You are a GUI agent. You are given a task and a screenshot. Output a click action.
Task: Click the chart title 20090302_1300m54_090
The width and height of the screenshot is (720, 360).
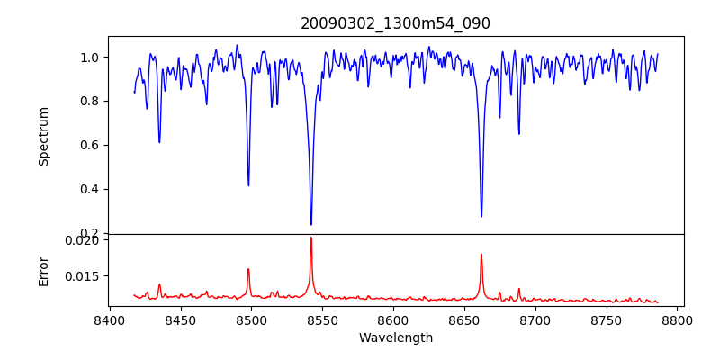click(396, 23)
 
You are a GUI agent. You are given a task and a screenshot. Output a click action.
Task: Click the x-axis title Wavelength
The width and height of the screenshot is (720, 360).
click(396, 338)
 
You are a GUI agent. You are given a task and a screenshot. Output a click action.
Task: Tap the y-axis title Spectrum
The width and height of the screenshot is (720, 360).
click(43, 136)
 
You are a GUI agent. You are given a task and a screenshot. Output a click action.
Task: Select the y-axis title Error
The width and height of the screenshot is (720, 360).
click(43, 270)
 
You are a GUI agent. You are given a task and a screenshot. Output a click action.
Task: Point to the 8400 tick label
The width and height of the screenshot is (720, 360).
click(109, 320)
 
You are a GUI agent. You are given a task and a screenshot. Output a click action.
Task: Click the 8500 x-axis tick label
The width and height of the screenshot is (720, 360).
click(251, 320)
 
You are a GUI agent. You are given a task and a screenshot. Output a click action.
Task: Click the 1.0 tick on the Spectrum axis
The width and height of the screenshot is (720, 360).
click(90, 58)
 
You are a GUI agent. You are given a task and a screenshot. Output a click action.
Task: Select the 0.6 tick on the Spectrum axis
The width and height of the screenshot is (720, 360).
click(90, 145)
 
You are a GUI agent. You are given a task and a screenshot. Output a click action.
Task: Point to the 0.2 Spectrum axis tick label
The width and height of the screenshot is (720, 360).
click(90, 233)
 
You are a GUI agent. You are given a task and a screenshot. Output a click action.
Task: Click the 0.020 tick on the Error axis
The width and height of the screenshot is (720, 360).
click(84, 240)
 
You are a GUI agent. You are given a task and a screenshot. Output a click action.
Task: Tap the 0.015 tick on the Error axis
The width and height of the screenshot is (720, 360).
click(84, 276)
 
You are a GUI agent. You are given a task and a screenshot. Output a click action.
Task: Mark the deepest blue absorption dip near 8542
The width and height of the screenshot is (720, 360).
click(311, 224)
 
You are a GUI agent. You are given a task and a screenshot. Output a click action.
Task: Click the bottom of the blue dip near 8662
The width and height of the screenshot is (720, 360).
click(481, 216)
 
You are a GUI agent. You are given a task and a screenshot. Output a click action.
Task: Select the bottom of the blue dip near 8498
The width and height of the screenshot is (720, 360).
click(248, 185)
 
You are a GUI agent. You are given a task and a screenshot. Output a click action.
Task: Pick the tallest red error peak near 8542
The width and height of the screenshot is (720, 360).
click(311, 238)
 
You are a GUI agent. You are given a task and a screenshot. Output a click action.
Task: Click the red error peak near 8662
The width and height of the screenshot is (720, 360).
click(481, 254)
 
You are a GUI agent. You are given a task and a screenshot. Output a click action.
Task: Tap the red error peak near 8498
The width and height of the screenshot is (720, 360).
click(248, 269)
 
